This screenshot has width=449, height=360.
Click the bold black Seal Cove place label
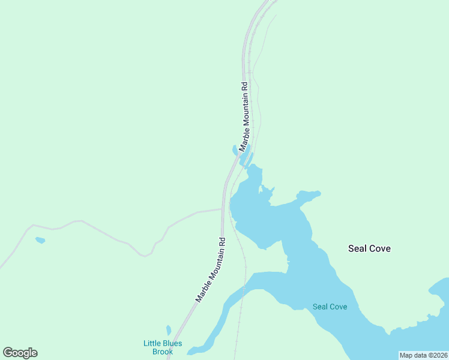pos(369,248)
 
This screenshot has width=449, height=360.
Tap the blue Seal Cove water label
pos(330,307)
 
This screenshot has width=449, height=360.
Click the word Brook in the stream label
pos(162,352)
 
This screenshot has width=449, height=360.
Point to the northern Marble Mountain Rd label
pos(244,116)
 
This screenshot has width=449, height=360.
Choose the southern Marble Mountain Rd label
pos(211,269)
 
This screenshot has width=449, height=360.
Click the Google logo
pos(20,353)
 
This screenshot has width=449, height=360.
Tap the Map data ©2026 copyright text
pos(423,355)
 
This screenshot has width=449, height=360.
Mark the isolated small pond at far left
pos(40,241)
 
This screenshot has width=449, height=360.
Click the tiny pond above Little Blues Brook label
pos(169,330)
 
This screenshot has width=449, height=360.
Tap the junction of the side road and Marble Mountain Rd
pos(223,209)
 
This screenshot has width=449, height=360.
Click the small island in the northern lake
pos(262,191)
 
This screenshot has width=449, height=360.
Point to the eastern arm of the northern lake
pos(309,196)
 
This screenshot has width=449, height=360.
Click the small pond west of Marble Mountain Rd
pos(235,150)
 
